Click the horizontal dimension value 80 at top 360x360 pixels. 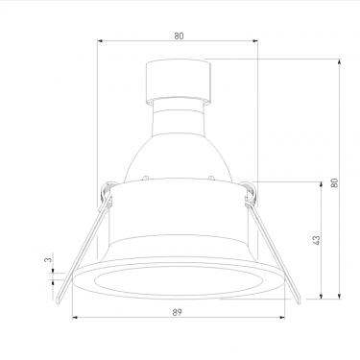[x=180, y=36]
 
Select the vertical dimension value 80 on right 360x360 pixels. [x=334, y=182]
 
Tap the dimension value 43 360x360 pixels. [x=316, y=241]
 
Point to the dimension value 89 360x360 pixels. [x=177, y=312]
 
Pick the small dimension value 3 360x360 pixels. [x=47, y=260]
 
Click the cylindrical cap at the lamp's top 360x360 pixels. [x=179, y=82]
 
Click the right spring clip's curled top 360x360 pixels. [x=251, y=193]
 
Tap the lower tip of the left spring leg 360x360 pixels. [x=59, y=301]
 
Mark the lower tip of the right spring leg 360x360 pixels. [x=298, y=301]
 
